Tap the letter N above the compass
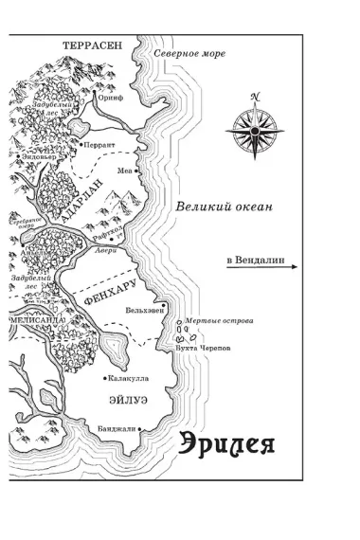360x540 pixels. [x=254, y=96]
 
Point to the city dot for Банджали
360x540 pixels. [x=140, y=429]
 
